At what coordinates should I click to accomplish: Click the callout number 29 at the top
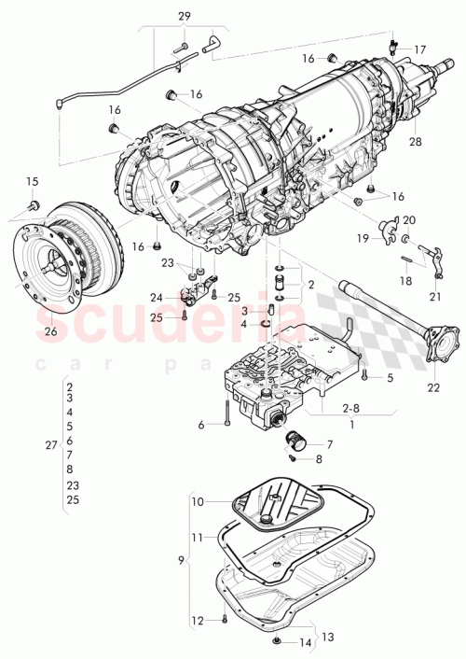click(184, 17)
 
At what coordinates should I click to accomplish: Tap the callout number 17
click(419, 49)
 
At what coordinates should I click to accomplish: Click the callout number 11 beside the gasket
click(197, 538)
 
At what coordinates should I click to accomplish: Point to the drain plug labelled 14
click(280, 641)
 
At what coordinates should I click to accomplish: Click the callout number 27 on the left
click(52, 445)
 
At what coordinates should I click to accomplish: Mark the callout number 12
click(197, 620)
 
